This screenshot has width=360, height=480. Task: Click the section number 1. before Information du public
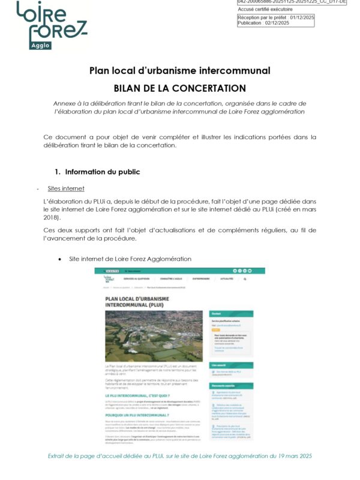tap(58, 172)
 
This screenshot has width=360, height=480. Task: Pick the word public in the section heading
tap(128, 172)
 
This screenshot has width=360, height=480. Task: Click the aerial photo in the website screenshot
tap(154, 335)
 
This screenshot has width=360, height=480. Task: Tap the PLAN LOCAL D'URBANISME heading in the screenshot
tap(139, 301)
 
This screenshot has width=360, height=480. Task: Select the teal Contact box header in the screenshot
tap(230, 313)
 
